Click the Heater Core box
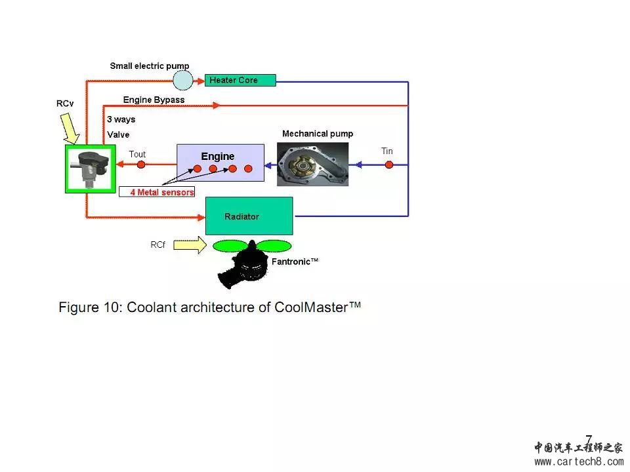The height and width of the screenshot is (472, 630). click(240, 81)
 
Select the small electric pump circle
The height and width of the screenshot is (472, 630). click(183, 80)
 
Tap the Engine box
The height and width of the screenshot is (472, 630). click(220, 163)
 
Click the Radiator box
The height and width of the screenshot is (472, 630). click(249, 216)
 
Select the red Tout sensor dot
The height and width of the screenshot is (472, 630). click(140, 165)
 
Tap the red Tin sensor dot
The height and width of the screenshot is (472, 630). click(389, 165)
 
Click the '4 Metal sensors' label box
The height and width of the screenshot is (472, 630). click(157, 192)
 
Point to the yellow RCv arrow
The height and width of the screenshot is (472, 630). click(70, 128)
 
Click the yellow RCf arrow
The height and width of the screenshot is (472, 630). click(190, 246)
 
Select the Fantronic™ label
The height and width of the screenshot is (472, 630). click(295, 261)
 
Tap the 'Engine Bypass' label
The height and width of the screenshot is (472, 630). click(154, 100)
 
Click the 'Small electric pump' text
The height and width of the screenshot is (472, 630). click(149, 66)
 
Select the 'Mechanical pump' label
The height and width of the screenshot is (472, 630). click(318, 134)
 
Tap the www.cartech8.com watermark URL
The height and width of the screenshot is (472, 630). click(579, 462)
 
